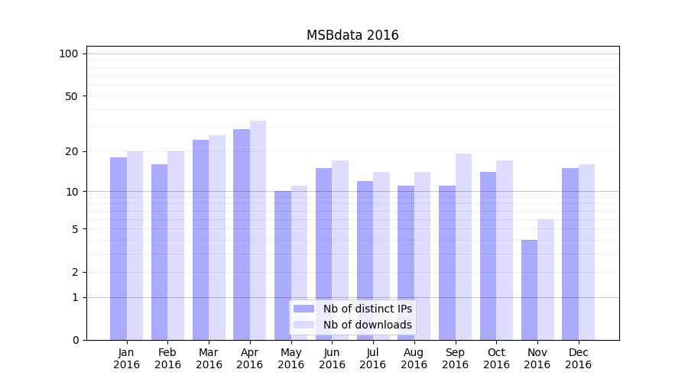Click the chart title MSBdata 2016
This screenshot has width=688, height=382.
352,35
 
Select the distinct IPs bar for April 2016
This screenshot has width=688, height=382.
242,234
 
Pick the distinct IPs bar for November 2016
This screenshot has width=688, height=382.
529,290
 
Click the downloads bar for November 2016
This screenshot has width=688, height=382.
546,279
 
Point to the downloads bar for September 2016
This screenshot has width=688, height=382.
463,246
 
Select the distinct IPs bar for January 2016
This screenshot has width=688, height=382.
118,248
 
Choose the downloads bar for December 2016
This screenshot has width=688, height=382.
586,251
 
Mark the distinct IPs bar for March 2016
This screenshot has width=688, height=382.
200,239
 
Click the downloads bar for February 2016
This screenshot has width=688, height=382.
176,245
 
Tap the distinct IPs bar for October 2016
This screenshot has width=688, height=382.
488,255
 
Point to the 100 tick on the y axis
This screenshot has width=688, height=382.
69,53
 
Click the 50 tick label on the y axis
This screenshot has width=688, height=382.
71,96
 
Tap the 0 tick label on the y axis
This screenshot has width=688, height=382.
75,340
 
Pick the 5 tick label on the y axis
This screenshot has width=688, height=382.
75,229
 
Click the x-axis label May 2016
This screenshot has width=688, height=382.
290,358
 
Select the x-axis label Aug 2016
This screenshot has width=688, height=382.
414,358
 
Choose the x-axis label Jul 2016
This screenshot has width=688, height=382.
373,358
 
